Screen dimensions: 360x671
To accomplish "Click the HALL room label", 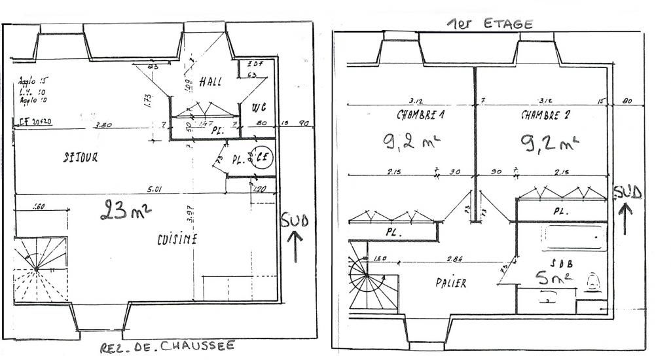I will click(211, 82).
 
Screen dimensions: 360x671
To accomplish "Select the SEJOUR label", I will click(77, 157).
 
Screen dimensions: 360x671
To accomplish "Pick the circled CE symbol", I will click(263, 158).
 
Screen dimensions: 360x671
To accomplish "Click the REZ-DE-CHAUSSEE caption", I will click(166, 347).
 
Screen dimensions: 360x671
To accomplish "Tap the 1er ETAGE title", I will click(490, 24).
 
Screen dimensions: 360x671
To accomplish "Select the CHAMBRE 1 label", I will click(419, 115).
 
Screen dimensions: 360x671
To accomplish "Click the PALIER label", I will click(451, 283).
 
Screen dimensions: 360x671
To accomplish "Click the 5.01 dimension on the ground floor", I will click(154, 190).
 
